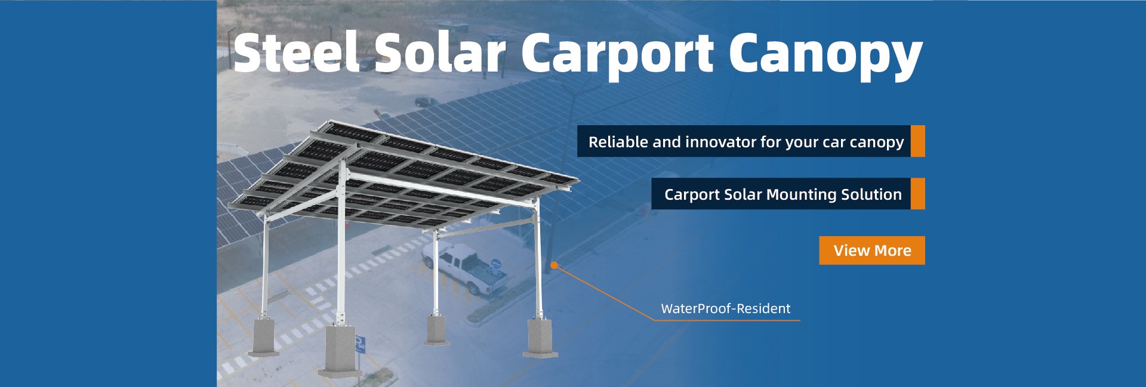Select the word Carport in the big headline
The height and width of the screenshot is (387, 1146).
[617, 56]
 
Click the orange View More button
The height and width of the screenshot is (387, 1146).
[872, 250]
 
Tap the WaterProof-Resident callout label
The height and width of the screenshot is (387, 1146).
[725, 308]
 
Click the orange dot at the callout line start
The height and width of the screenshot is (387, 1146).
[554, 265]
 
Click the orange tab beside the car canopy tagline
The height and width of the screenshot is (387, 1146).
[918, 141]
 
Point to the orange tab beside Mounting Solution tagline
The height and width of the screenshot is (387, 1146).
[918, 194]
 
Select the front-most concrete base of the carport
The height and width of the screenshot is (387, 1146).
[340, 352]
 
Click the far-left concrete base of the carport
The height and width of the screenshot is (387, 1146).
[263, 337]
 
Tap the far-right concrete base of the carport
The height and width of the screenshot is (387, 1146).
[541, 338]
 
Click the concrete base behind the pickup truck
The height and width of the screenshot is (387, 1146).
[436, 330]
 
